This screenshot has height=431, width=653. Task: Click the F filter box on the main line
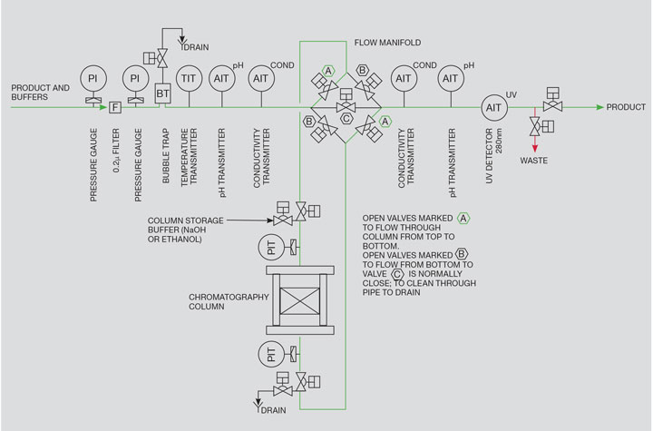pyautogui.click(x=114, y=108)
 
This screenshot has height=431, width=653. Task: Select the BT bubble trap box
pyautogui.click(x=164, y=92)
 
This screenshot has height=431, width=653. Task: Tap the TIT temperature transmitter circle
pyautogui.click(x=190, y=80)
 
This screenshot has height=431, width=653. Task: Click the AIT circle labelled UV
pyautogui.click(x=493, y=107)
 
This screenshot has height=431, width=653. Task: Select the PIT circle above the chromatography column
pyautogui.click(x=271, y=245)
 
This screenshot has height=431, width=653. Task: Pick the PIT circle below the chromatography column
pyautogui.click(x=271, y=352)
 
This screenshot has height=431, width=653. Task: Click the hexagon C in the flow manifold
pyautogui.click(x=346, y=117)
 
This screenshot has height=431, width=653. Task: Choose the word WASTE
pyautogui.click(x=533, y=161)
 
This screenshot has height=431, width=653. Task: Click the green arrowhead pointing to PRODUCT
pyautogui.click(x=599, y=107)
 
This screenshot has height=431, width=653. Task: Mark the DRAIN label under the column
pyautogui.click(x=273, y=410)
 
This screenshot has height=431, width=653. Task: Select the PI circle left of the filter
pyautogui.click(x=93, y=79)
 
